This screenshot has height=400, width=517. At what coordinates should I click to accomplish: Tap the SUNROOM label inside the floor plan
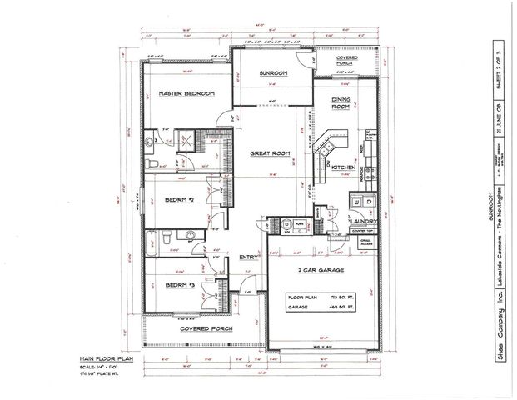coord(272,74)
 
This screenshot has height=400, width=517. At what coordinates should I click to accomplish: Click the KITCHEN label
coord(345,167)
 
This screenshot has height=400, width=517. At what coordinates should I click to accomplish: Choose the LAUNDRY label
coord(364,221)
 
